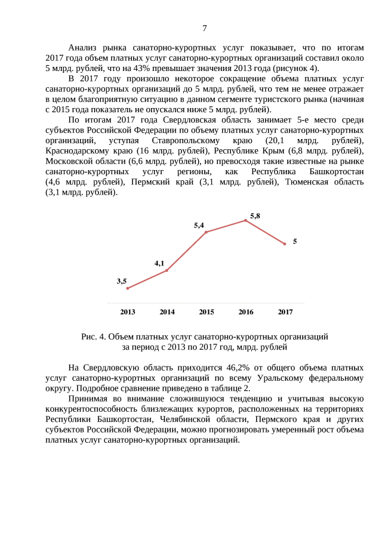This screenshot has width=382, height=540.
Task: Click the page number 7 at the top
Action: click(205, 28)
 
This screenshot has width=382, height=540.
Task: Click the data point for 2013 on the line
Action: click(128, 288)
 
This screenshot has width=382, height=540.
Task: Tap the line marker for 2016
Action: click(246, 220)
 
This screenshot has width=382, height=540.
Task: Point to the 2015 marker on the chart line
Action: click(207, 232)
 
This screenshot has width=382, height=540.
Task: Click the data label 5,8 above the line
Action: click(255, 215)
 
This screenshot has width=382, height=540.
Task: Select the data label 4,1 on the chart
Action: click(159, 263)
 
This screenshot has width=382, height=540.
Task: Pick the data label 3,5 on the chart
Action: click(122, 280)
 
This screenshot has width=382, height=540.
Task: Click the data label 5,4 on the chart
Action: click(199, 226)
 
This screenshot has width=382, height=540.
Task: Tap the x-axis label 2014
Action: click(167, 311)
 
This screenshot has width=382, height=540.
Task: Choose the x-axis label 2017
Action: click(285, 311)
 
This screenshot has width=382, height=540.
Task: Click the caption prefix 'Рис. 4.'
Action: click(94, 337)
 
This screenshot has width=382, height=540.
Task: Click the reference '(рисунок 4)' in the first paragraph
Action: click(297, 68)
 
